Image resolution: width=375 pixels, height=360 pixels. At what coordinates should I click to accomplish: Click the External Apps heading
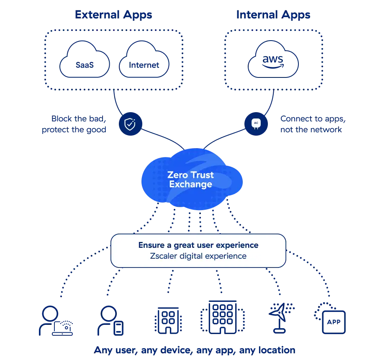tap(113, 15)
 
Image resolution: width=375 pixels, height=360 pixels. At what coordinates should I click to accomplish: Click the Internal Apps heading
tap(273, 15)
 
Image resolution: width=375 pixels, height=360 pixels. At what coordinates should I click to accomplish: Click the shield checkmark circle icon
tap(130, 123)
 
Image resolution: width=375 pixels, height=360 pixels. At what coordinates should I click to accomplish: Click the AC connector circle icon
tap(256, 123)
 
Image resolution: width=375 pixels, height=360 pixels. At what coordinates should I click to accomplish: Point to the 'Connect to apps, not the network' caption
tap(313, 124)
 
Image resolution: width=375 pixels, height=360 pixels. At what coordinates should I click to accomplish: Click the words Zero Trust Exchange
tap(190, 179)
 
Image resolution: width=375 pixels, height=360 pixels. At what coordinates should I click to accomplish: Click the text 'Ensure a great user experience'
tap(198, 245)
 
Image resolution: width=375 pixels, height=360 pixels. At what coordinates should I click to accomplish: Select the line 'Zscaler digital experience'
tap(198, 256)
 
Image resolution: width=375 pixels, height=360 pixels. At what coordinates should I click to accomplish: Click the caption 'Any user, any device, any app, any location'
tap(195, 350)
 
